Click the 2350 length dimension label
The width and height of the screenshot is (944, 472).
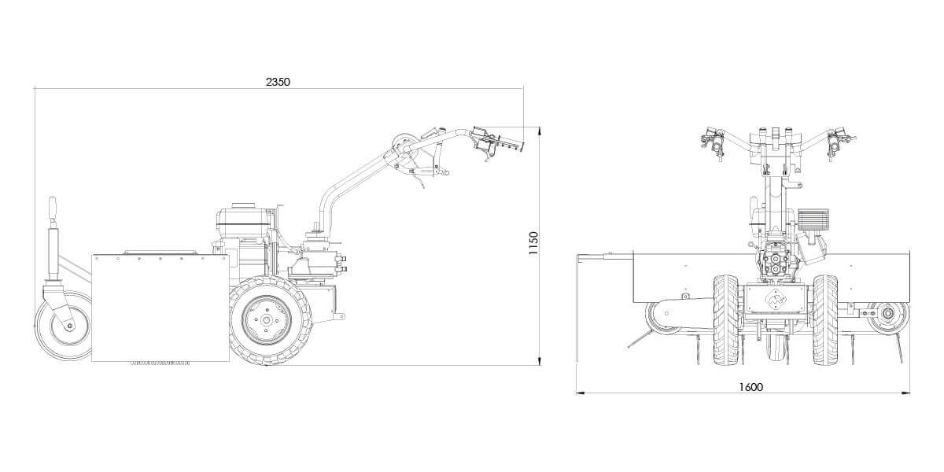pos(278,82)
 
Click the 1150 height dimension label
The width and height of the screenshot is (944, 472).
pos(533,243)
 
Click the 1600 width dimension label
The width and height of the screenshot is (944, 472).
pos(751,387)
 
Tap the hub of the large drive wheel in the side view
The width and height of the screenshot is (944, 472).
pos(266,320)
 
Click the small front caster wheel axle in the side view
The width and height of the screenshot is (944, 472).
pos(69,326)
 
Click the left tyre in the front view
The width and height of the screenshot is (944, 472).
pos(726,320)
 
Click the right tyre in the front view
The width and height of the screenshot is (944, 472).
pos(825,320)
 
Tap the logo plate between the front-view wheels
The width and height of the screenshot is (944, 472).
pos(776,299)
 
